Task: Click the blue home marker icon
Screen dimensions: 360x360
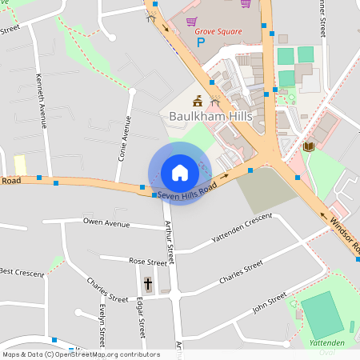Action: [x=180, y=173]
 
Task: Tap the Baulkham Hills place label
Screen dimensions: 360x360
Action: [x=211, y=116]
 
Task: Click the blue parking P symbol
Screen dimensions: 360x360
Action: [x=201, y=42]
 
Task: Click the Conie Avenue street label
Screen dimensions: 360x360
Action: [x=124, y=138]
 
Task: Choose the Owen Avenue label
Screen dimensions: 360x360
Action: [x=106, y=222]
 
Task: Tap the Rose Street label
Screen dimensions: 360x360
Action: [x=147, y=262]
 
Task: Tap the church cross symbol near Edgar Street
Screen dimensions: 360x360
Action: [x=147, y=284]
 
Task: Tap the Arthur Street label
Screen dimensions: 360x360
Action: [x=169, y=243]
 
